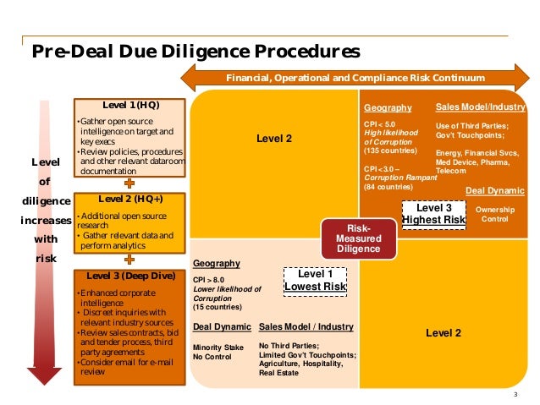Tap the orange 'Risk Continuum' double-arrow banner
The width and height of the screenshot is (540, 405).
click(x=355, y=78)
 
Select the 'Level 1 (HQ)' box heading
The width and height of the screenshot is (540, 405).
click(x=130, y=106)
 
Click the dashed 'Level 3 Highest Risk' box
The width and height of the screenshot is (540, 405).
click(x=433, y=213)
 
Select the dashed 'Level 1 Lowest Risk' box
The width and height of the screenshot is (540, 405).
click(x=315, y=281)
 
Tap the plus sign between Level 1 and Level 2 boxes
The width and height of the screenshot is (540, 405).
click(x=129, y=183)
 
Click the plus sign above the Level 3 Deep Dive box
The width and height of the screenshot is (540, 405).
click(x=129, y=260)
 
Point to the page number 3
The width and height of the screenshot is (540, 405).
click(x=515, y=394)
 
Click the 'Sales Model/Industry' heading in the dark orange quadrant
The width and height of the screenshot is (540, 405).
click(x=480, y=108)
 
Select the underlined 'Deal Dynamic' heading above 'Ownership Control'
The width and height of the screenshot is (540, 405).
click(x=495, y=190)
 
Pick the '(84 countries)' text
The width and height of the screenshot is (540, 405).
click(x=388, y=187)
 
